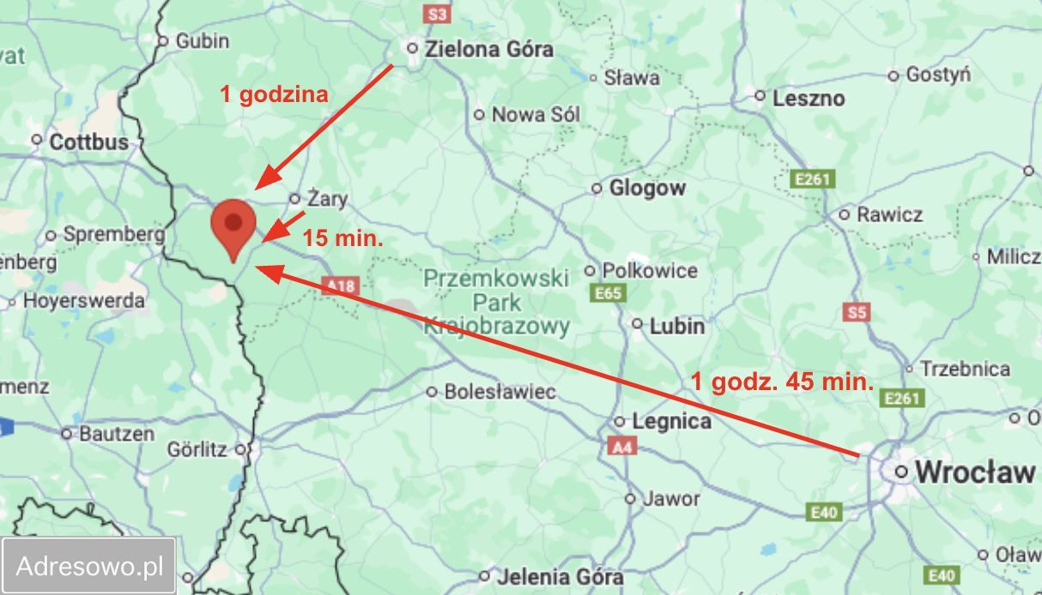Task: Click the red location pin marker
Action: tap(233, 225)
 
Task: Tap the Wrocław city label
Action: tap(973, 472)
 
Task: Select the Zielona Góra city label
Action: tap(490, 49)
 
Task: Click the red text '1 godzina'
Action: tap(274, 94)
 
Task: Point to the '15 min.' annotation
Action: tap(342, 239)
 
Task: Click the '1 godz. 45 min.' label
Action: tap(782, 382)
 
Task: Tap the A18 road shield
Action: tap(339, 287)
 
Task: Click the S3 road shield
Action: tap(438, 14)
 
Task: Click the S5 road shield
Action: tap(857, 312)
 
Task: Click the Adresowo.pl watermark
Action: tap(89, 566)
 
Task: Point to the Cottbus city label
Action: tap(88, 141)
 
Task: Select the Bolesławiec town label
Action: tap(500, 392)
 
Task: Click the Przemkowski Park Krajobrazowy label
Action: tap(497, 302)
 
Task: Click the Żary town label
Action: tap(327, 200)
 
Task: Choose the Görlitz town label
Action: tap(197, 448)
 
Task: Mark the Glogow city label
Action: tap(647, 188)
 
